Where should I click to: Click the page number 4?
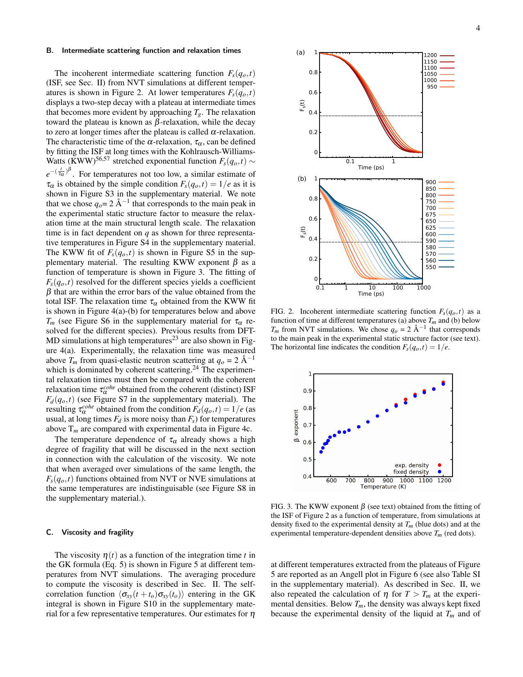point(478,28)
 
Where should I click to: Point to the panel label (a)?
point(301,52)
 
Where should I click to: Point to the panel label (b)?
point(302,179)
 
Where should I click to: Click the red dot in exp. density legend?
point(439,465)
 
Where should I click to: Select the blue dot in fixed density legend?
point(439,472)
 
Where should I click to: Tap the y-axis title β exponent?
point(296,425)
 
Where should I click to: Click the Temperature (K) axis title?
point(383,487)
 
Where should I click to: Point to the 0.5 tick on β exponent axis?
point(307,459)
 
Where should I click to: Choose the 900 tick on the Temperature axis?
point(388,480)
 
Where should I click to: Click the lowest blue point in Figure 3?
point(321,452)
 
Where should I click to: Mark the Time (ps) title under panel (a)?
point(371,167)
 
